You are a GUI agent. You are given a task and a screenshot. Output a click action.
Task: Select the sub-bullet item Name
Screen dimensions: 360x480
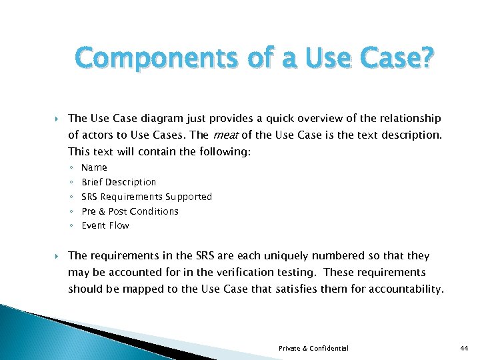94,167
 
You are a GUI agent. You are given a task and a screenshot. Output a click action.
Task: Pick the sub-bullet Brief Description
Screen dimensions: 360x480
119,182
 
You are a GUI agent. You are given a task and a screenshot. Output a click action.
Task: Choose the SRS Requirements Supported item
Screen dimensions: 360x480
147,197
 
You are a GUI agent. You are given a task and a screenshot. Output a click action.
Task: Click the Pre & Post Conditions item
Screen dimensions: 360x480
130,211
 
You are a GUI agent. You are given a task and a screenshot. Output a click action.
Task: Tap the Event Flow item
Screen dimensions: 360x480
105,225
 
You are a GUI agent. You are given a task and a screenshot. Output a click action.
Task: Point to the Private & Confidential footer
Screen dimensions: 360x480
313,348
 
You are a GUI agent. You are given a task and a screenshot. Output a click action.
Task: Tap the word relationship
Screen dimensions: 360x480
408,119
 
